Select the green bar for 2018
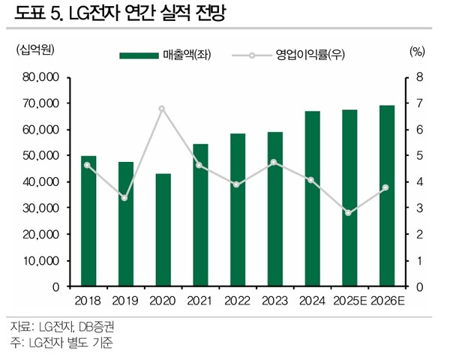pos(88,221)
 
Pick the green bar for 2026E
pos(386,196)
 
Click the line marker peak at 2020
pos(162,109)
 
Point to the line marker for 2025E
pos(349,213)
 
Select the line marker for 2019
pos(125,198)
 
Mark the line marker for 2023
pos(274,162)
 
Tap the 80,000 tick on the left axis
pos(41,77)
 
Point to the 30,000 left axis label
pos(41,208)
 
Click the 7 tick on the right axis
pos(419,103)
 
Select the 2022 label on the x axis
pos(237,301)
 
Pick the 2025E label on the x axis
pos(349,301)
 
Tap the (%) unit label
pos(418,51)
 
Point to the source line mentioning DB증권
pos(63,327)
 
